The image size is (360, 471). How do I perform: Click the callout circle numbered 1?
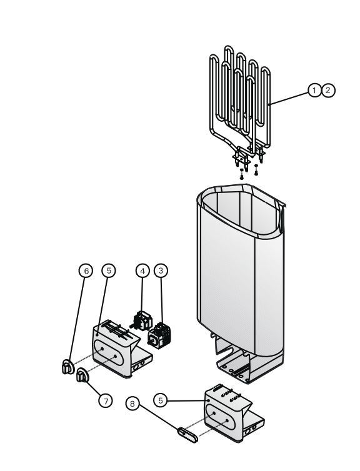[x=314, y=90]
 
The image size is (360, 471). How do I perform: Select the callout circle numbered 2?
[x=328, y=90]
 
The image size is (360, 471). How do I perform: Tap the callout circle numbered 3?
[x=161, y=270]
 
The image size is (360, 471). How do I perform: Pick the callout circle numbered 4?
[x=142, y=270]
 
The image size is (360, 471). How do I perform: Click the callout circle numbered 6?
[x=86, y=271]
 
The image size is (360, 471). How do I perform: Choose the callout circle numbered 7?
[x=106, y=400]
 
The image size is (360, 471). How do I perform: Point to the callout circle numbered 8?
[x=132, y=404]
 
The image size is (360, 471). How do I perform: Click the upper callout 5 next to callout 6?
[x=109, y=270]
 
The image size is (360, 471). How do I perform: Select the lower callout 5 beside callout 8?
[x=161, y=400]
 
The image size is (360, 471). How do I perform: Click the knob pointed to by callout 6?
[x=67, y=367]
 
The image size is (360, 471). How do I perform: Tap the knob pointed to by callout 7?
[x=82, y=375]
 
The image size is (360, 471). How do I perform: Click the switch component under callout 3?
[x=159, y=335]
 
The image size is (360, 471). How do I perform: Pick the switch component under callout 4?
[x=141, y=321]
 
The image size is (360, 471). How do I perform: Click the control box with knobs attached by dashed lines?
[x=120, y=349]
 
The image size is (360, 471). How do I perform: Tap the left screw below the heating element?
[x=242, y=174]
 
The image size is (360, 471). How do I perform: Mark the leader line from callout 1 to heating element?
[x=289, y=99]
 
